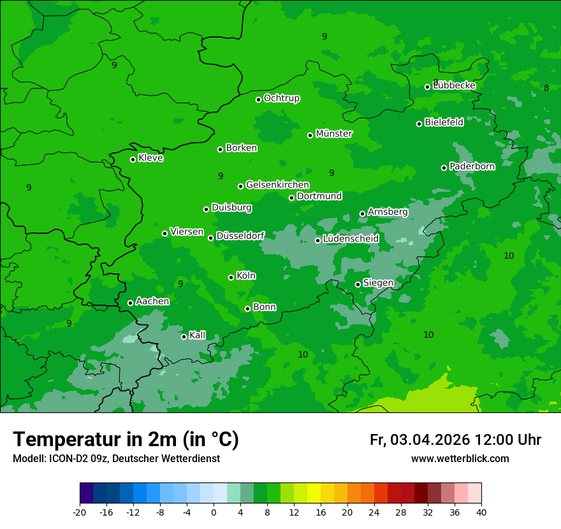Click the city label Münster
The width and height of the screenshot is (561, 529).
pyautogui.click(x=334, y=134)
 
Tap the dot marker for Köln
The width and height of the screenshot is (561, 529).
pyautogui.click(x=231, y=277)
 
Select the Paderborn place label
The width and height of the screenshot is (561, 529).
pyautogui.click(x=472, y=166)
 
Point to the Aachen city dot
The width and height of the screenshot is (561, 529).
pyautogui.click(x=130, y=303)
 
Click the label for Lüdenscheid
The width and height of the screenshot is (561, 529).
pyautogui.click(x=351, y=239)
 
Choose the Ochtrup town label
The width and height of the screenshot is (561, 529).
pyautogui.click(x=282, y=98)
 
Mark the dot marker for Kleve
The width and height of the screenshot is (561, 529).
pyautogui.click(x=133, y=159)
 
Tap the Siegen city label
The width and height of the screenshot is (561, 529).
pyautogui.click(x=378, y=283)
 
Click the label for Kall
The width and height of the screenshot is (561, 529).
pyautogui.click(x=198, y=335)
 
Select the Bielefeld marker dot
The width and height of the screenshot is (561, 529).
pyautogui.click(x=419, y=124)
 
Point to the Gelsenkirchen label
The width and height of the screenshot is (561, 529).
pyautogui.click(x=277, y=185)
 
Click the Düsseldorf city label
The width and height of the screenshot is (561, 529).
pyautogui.click(x=240, y=236)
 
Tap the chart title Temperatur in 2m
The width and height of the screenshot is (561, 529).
pyautogui.click(x=126, y=439)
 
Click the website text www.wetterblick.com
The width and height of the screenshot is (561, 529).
pyautogui.click(x=460, y=458)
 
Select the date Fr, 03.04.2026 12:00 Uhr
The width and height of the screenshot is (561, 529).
pyautogui.click(x=455, y=440)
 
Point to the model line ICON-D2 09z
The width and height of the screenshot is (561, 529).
pyautogui.click(x=116, y=458)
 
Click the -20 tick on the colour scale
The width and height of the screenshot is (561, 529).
pyautogui.click(x=80, y=512)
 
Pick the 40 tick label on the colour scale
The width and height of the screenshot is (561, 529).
pyautogui.click(x=481, y=512)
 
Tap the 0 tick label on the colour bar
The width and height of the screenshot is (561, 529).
pyautogui.click(x=214, y=512)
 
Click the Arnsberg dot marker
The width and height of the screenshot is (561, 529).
pyautogui.click(x=362, y=214)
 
